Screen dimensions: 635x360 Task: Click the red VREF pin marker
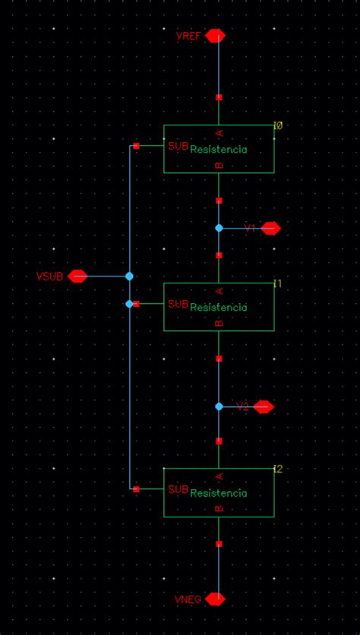tap(215, 36)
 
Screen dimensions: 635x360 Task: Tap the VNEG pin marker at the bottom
tap(215, 599)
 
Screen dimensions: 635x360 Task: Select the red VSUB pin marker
tap(77, 276)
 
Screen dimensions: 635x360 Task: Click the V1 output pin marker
tap(270, 228)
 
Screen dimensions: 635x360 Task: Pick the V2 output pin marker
tap(264, 407)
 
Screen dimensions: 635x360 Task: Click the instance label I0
tap(278, 125)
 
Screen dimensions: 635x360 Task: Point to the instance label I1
tap(278, 283)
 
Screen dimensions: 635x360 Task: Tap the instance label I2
tap(278, 469)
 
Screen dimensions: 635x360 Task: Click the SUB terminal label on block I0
tap(178, 146)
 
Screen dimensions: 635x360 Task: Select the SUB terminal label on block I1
tap(178, 304)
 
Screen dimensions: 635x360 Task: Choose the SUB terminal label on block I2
tap(178, 489)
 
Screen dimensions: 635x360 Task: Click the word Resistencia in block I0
tap(219, 150)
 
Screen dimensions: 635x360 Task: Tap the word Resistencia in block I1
tap(219, 308)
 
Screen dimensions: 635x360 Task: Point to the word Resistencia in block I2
tap(219, 493)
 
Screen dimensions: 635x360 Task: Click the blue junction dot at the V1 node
tap(219, 228)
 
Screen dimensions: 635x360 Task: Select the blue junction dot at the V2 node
tap(219, 407)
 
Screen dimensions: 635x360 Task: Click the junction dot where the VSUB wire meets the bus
tap(129, 276)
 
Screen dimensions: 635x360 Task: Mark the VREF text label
tap(189, 36)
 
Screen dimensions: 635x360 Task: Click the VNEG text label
tap(188, 599)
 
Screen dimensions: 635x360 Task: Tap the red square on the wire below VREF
tap(219, 97)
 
